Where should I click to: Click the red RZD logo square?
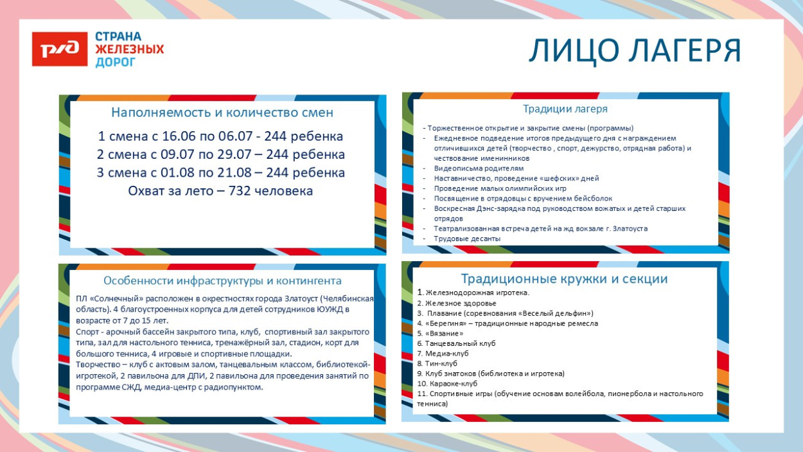tap(60, 49)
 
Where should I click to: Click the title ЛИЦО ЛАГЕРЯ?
tap(634, 51)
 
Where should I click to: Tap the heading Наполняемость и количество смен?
tap(222, 113)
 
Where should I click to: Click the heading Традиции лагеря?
tap(565, 109)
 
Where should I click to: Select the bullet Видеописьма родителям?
tap(479, 168)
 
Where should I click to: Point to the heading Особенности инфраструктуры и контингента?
tap(222, 281)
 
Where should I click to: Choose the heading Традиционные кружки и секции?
tap(564, 279)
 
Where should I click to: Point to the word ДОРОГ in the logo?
tap(116, 62)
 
